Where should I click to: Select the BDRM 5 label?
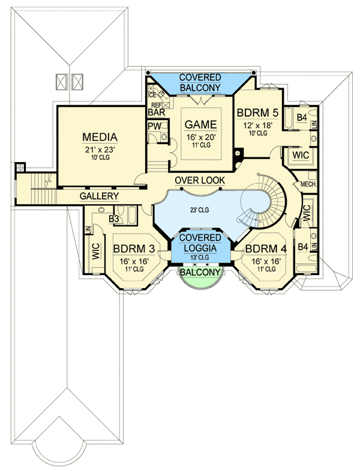[x=257, y=112]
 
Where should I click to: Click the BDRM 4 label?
[x=266, y=248]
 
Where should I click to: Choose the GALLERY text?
[x=99, y=196]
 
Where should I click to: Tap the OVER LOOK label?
[x=200, y=180]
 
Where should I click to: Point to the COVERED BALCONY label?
[x=201, y=83]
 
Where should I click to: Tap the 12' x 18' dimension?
[x=257, y=124]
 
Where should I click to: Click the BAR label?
[x=157, y=112]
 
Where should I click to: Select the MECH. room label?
[x=308, y=184]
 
